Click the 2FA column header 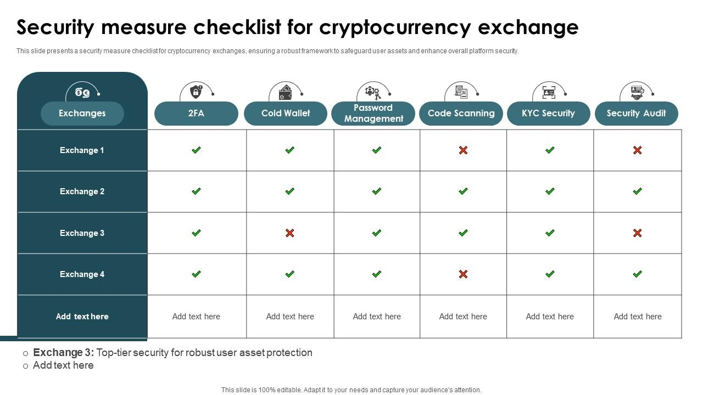[196, 113]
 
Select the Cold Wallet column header [286, 113]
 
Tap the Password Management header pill [373, 113]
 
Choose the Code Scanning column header [461, 113]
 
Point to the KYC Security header [549, 113]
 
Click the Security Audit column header [637, 113]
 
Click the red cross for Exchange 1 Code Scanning [463, 150]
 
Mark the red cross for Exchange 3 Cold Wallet [289, 233]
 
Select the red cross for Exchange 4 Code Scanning [463, 274]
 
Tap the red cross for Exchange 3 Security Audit [638, 233]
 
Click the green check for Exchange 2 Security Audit [638, 191]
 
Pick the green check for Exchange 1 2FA [196, 150]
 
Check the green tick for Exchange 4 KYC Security [550, 274]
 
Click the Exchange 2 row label [82, 191]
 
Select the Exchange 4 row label [82, 274]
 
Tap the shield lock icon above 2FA [196, 92]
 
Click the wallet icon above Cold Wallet [285, 93]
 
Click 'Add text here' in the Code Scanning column [463, 317]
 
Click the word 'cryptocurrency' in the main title [395, 27]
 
